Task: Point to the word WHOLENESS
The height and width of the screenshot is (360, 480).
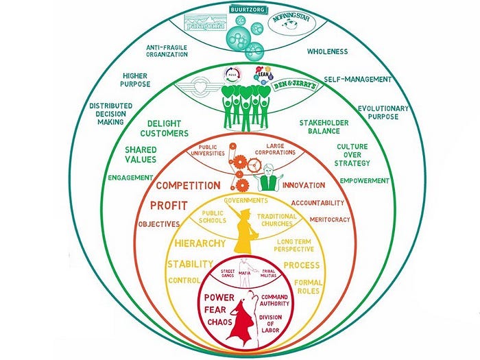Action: click(x=327, y=51)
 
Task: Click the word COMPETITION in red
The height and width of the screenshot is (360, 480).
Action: click(x=188, y=185)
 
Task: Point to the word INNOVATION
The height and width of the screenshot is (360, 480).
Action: click(x=304, y=186)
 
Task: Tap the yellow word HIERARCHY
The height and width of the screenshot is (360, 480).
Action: click(x=199, y=243)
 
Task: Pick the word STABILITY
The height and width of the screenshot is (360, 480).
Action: click(x=189, y=264)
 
